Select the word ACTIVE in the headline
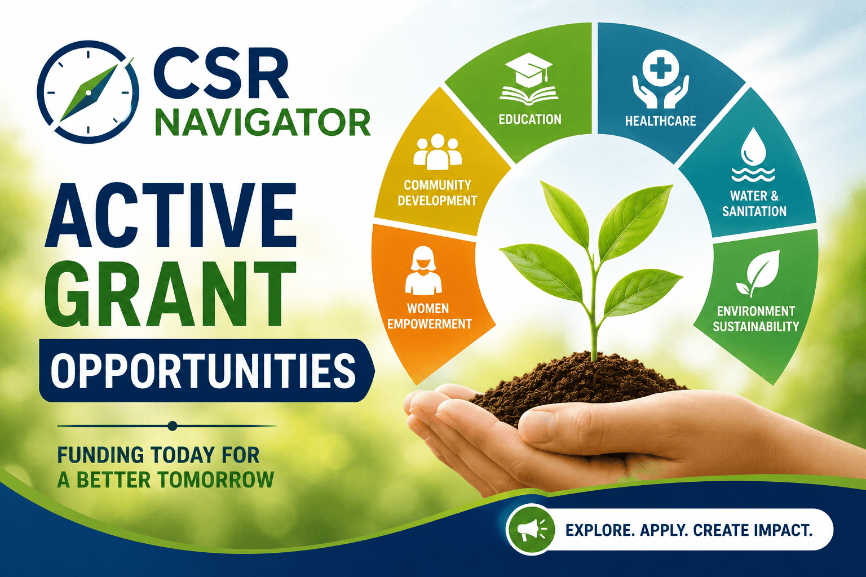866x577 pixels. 171,215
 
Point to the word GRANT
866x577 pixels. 170,294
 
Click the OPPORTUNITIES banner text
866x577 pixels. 204,370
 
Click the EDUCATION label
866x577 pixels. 530,119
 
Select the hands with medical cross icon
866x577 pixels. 660,79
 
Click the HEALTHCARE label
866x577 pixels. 660,121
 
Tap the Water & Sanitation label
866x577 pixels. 754,203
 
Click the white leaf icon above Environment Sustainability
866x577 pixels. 758,273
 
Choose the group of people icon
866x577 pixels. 438,152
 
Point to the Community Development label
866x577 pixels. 438,193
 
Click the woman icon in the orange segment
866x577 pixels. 423,270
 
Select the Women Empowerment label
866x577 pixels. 429,316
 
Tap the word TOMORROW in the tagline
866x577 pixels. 216,480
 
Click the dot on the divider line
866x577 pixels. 173,426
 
